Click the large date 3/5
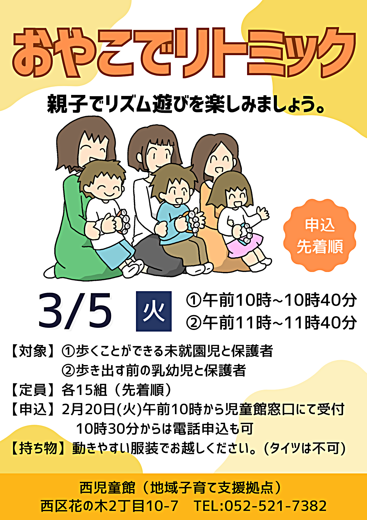tap(75, 311)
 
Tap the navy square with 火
tap(154, 311)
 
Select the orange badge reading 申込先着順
tap(320, 235)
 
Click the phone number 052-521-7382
tap(275, 506)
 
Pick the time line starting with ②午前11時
tap(271, 322)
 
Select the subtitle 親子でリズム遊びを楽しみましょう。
tap(186, 104)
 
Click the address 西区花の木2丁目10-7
tap(109, 506)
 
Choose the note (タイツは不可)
tap(305, 448)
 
